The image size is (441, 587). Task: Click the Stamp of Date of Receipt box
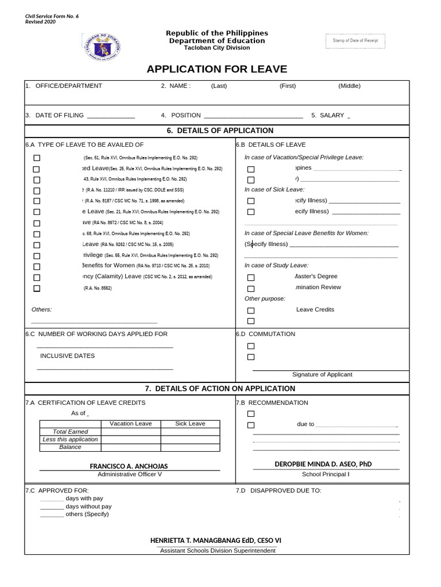pos(355,41)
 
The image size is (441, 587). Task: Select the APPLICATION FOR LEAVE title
pos(216,69)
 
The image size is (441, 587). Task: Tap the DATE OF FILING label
pos(59,115)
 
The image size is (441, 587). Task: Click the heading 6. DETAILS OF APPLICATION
pos(220,131)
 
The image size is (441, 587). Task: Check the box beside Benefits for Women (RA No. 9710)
pos(37,267)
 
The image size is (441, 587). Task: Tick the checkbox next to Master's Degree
pos(251,277)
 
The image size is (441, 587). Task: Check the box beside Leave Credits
pos(251,310)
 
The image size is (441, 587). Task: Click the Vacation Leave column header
pos(131,424)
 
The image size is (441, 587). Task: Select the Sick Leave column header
pos(190,424)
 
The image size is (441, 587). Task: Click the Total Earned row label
pos(70,432)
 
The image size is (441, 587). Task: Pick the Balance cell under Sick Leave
pos(190,447)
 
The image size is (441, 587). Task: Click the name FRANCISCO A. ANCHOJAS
pos(129,467)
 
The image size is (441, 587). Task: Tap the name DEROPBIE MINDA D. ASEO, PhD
pos(326,464)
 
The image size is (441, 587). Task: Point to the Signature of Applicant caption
pos(322,374)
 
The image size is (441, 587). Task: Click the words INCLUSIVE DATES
pos(67,356)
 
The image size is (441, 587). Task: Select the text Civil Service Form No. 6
pos(51,16)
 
